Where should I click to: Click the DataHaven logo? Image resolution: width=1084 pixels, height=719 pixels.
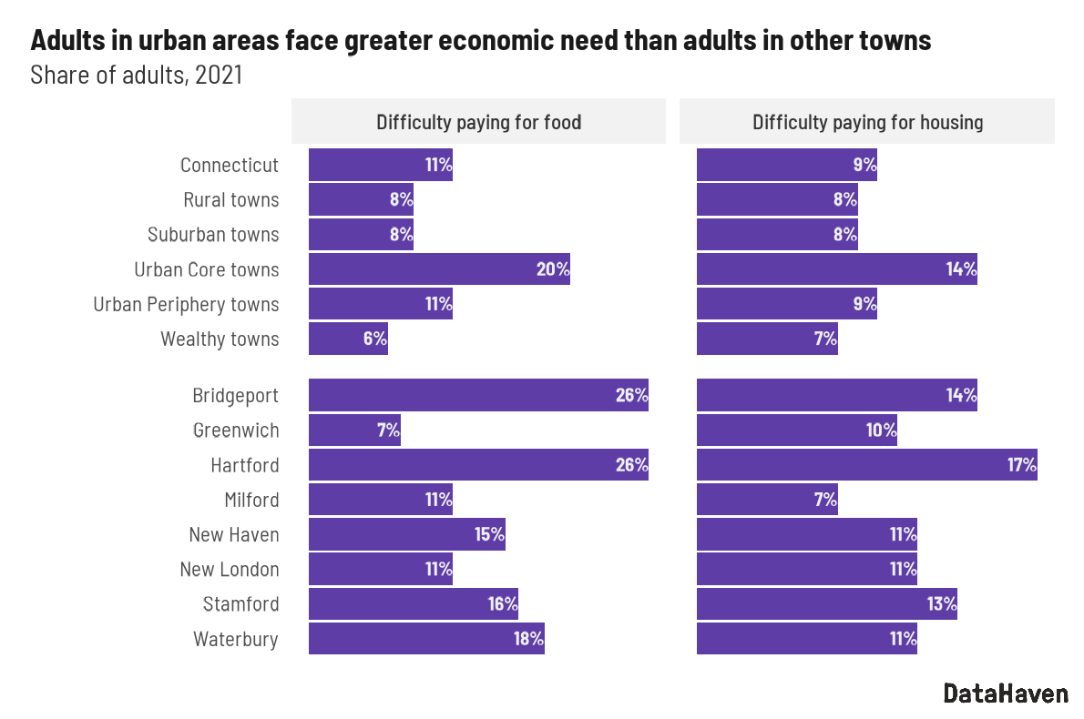tap(1005, 693)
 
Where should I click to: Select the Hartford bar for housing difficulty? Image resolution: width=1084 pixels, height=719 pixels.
tap(866, 465)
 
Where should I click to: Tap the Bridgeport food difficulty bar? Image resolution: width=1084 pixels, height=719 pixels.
tap(478, 396)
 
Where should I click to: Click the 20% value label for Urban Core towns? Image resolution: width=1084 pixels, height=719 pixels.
tap(553, 269)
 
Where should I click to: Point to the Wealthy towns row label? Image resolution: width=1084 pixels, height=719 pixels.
tap(220, 339)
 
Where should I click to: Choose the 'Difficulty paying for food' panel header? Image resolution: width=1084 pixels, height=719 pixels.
tap(478, 122)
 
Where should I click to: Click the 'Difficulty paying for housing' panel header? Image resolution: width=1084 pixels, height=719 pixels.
tap(867, 122)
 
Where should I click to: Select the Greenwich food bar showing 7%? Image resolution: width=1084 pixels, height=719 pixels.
tap(354, 430)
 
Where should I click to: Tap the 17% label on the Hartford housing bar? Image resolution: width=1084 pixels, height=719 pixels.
tap(1021, 465)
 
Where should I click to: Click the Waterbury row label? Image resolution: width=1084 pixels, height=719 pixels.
tap(235, 639)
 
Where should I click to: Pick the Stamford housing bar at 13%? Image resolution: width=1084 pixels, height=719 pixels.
tap(826, 604)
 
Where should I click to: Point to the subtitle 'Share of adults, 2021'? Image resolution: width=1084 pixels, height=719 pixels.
tap(137, 75)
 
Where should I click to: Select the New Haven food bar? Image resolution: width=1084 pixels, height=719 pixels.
tap(406, 534)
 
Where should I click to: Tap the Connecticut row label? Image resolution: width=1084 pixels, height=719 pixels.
tap(230, 165)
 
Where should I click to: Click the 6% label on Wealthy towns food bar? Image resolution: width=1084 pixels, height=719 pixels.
tap(374, 339)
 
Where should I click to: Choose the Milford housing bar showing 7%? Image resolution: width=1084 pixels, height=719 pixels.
tap(767, 500)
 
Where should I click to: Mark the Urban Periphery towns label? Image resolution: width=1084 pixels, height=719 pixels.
tap(186, 304)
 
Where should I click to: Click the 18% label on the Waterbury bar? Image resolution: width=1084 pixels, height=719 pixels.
tap(528, 639)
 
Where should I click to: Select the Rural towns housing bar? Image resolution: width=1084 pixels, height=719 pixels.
tap(777, 199)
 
